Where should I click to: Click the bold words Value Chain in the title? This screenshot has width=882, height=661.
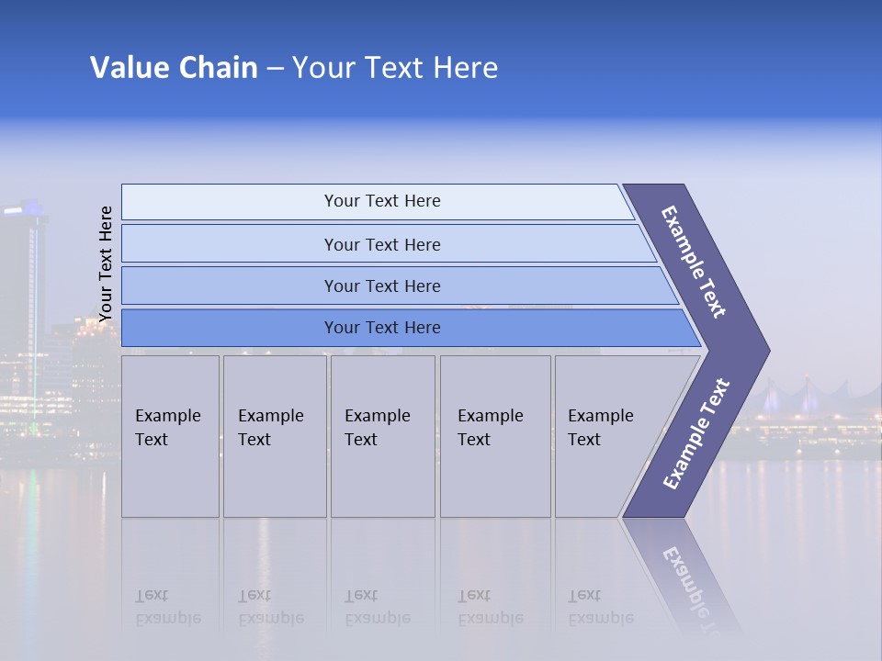click(174, 68)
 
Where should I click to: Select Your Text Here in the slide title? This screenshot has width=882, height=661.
click(395, 68)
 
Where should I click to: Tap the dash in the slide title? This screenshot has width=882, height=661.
click(275, 69)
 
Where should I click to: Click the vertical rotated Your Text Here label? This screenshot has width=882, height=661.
click(106, 263)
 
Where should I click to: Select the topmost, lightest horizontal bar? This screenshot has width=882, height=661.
click(381, 201)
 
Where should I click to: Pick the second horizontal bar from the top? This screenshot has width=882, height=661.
click(381, 244)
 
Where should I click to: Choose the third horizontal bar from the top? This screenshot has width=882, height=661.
click(381, 286)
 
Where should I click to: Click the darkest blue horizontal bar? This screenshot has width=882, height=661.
click(381, 328)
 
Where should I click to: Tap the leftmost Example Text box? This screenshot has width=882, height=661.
click(170, 436)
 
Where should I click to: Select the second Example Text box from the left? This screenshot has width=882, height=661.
click(274, 436)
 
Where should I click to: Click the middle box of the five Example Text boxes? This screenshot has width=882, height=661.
click(382, 436)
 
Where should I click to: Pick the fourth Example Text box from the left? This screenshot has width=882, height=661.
click(494, 436)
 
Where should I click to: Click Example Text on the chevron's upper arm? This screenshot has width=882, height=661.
click(694, 262)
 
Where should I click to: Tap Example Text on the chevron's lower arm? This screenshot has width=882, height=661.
click(696, 433)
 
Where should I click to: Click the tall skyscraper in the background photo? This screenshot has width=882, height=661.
click(23, 303)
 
